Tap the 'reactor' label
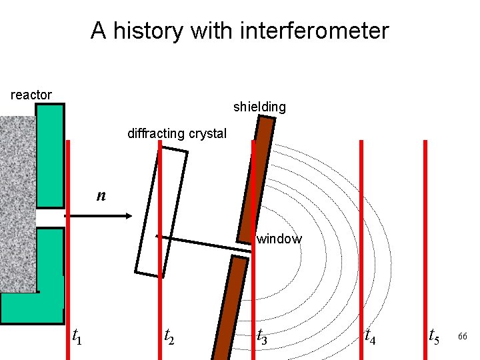coord(31,95)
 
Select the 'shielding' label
coord(259,107)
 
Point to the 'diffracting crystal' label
coord(177,133)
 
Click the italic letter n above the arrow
coord(101,195)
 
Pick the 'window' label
coord(279,239)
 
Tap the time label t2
coord(171,336)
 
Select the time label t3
coord(263,337)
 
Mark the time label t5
coord(434,336)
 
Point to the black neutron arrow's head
coord(129,215)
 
